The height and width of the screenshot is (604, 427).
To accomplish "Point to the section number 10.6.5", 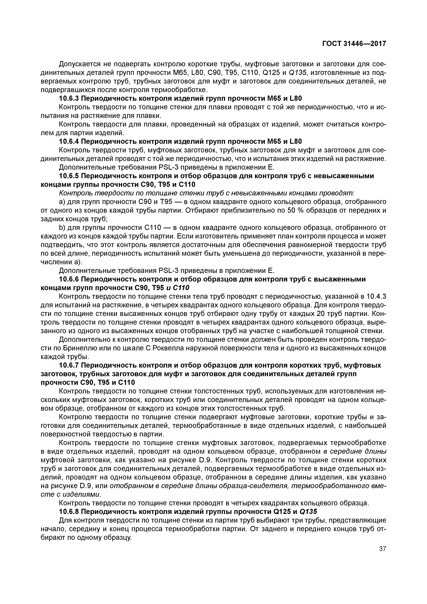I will click(x=69, y=176).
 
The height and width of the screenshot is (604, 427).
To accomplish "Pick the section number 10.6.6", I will click(x=69, y=279).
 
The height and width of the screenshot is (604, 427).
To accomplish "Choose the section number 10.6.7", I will click(x=69, y=365).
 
